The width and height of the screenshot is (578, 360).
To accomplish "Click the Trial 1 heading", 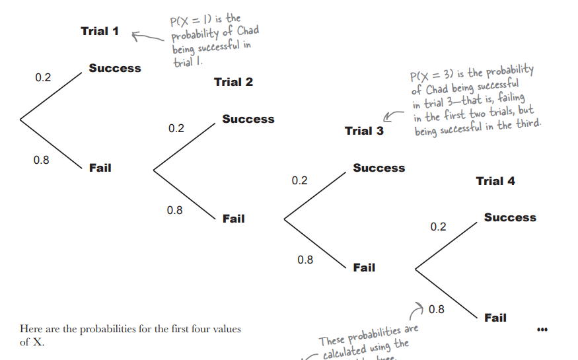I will (x=100, y=31).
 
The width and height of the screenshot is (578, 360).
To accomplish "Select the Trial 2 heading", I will (x=233, y=82).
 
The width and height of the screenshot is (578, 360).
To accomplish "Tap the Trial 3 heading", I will (x=364, y=131).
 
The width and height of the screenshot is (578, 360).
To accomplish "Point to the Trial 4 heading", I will (x=495, y=181).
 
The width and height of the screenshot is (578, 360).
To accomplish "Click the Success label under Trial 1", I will (x=115, y=68).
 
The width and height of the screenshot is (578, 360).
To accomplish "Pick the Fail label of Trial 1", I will (x=100, y=168).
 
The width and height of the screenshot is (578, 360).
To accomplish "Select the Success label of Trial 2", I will (x=248, y=119).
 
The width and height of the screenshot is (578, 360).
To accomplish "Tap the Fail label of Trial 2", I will (x=233, y=219).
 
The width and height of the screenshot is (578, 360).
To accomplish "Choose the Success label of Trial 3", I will (x=379, y=168).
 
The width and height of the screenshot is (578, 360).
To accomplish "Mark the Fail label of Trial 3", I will (x=364, y=268).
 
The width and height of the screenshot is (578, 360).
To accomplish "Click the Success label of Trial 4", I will (x=510, y=217).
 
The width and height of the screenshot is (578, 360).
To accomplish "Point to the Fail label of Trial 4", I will (x=495, y=318).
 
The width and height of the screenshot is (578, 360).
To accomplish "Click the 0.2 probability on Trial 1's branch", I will (x=43, y=78).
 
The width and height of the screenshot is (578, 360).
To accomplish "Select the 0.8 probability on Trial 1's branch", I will (x=41, y=160).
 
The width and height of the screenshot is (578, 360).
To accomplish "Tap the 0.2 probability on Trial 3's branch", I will (x=300, y=180).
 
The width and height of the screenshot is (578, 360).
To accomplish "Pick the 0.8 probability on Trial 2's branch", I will (x=175, y=210).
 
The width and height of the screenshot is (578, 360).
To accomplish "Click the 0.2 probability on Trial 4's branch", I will (x=438, y=227).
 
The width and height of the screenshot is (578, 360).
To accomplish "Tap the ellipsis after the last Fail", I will (x=543, y=329).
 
